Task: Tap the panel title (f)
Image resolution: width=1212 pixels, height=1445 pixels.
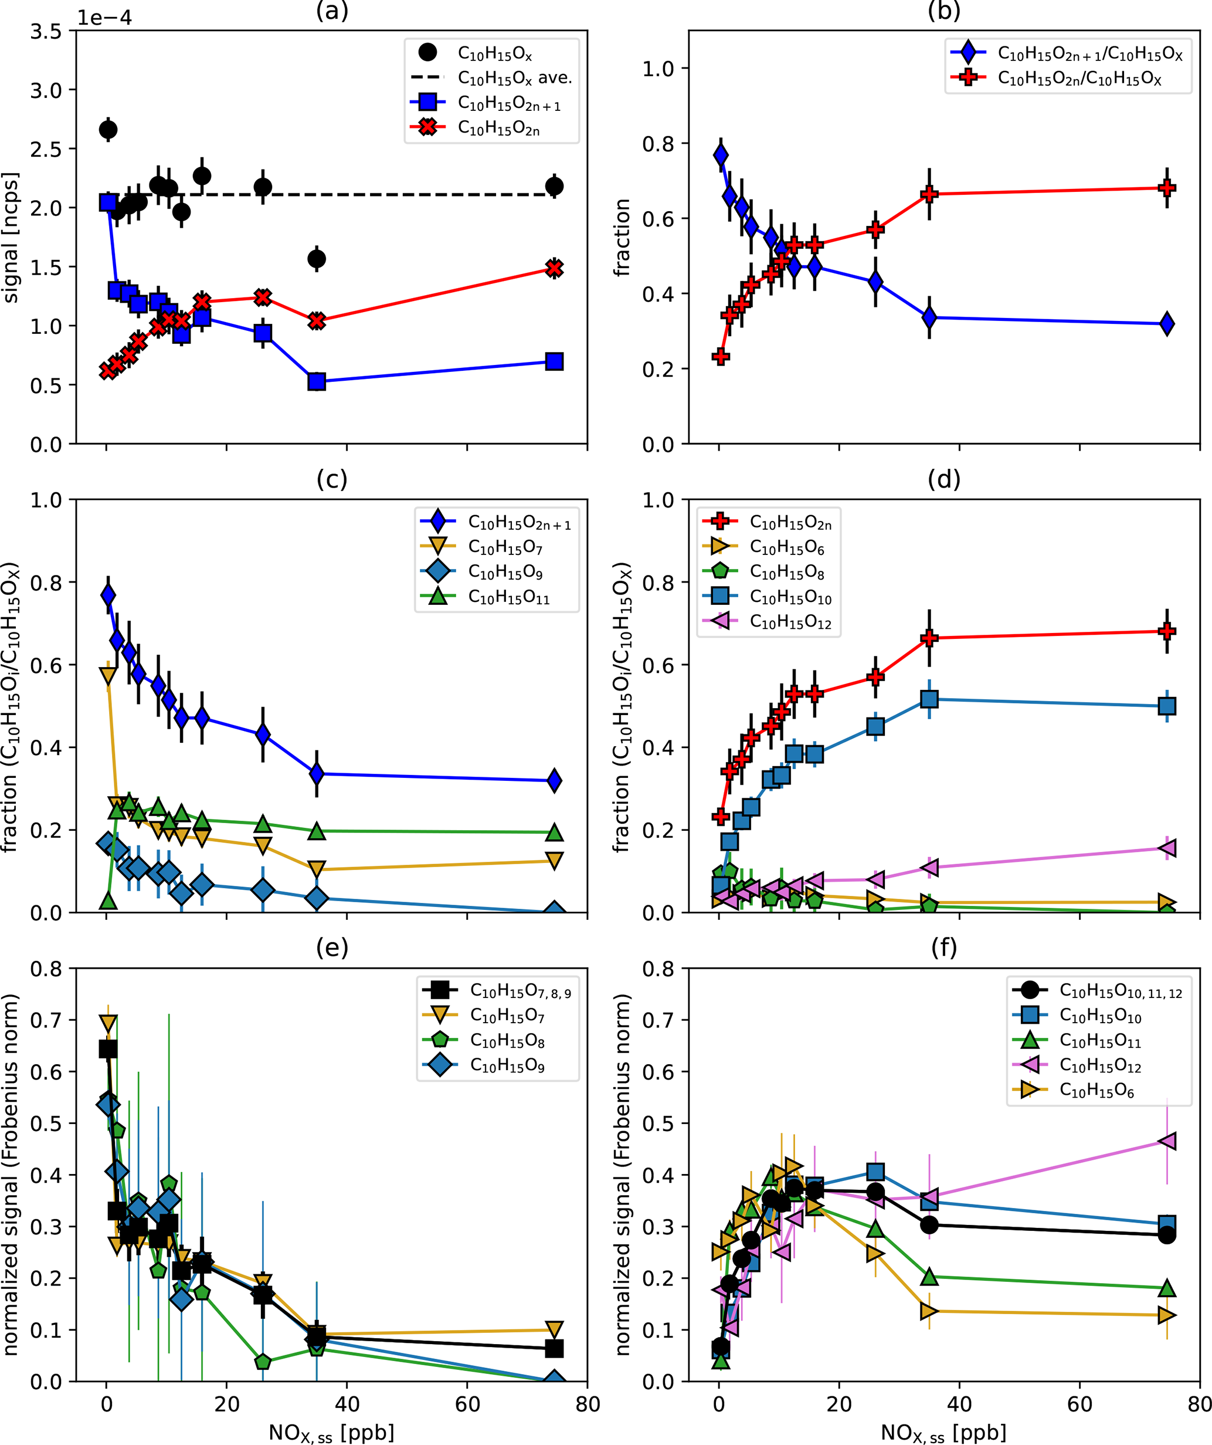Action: pos(943,947)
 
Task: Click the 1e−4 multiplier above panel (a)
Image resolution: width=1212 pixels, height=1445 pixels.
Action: pos(104,17)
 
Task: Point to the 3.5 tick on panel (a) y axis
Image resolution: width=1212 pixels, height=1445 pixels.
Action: pos(45,32)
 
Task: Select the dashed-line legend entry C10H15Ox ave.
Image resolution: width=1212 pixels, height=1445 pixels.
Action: pos(514,78)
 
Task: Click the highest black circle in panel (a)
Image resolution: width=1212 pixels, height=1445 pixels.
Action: pos(108,129)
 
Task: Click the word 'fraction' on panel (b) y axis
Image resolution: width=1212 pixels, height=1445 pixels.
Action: pos(622,238)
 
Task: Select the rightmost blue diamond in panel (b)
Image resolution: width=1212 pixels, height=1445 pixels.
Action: pos(1167,323)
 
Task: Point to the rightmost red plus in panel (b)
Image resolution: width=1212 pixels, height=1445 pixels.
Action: pos(1167,188)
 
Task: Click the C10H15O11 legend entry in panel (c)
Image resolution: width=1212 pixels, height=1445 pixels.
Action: pos(508,597)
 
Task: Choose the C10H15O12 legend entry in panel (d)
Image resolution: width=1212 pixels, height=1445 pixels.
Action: pos(790,622)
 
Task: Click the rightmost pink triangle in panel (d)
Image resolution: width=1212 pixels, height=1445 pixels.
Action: pos(1167,848)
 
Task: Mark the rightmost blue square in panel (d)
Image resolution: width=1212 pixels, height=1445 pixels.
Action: pos(1167,706)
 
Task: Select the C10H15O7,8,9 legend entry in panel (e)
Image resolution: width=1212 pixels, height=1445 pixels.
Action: pos(520,991)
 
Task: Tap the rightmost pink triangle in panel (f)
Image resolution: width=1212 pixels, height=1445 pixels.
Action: pos(1167,1141)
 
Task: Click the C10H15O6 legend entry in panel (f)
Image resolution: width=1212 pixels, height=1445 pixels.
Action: pos(1096,1091)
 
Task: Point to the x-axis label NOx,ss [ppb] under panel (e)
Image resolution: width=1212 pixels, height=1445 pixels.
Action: pos(331,1433)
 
